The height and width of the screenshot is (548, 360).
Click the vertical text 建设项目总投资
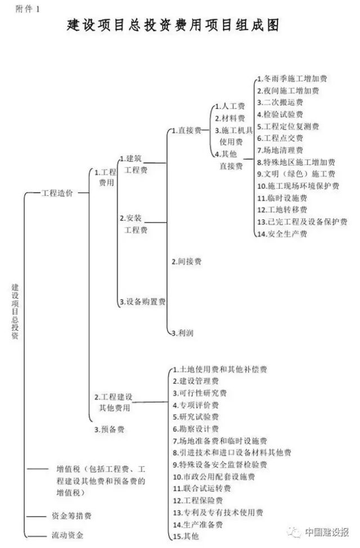click(15, 310)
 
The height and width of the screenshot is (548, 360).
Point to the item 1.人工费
click(229, 106)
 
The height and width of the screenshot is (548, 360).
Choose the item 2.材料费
click(229, 119)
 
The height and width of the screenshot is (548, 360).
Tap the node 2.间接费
click(186, 261)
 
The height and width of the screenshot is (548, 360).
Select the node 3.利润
click(182, 333)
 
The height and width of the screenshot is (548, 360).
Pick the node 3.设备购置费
click(142, 302)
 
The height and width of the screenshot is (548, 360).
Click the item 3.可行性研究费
click(199, 393)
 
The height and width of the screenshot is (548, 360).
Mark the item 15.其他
click(186, 537)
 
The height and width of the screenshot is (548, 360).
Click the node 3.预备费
click(109, 429)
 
